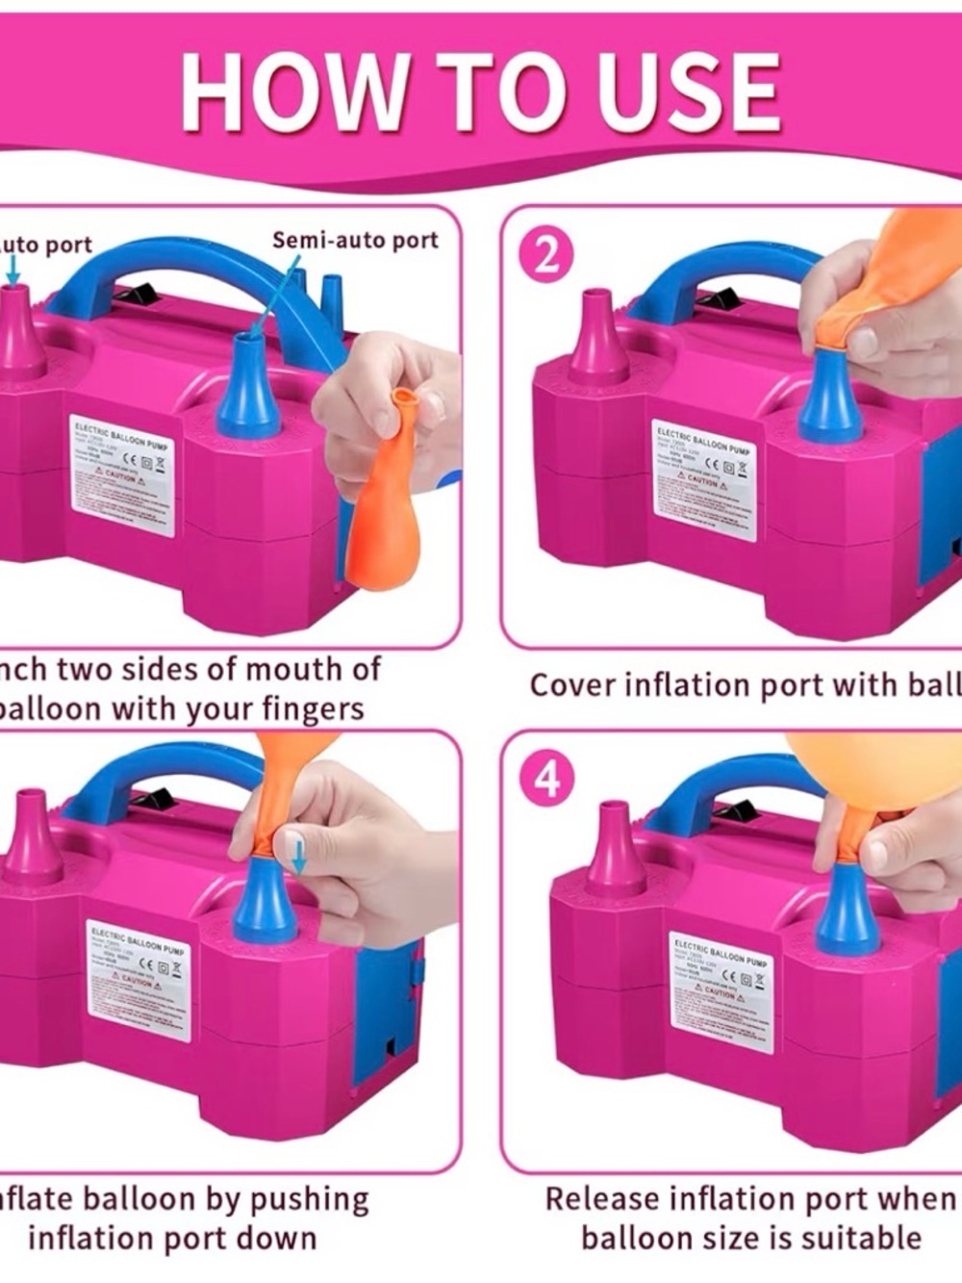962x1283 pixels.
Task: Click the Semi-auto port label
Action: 354,241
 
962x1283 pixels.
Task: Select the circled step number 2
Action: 545,258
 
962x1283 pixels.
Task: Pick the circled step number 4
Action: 546,779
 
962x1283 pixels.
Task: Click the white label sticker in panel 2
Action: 704,479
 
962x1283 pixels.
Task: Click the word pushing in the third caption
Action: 309,1200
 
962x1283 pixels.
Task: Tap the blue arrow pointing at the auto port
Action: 13,274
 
